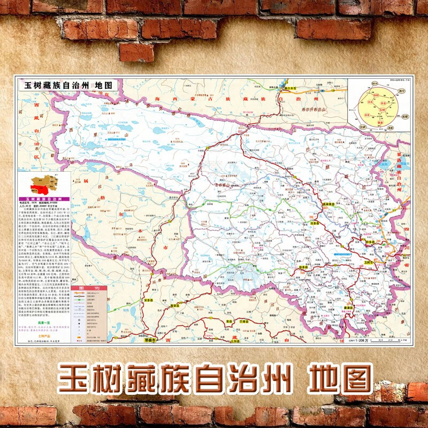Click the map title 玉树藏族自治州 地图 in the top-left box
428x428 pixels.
pyautogui.click(x=67, y=85)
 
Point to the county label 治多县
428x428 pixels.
pyautogui.click(x=314, y=223)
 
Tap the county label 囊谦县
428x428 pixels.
pyautogui.click(x=351, y=308)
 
